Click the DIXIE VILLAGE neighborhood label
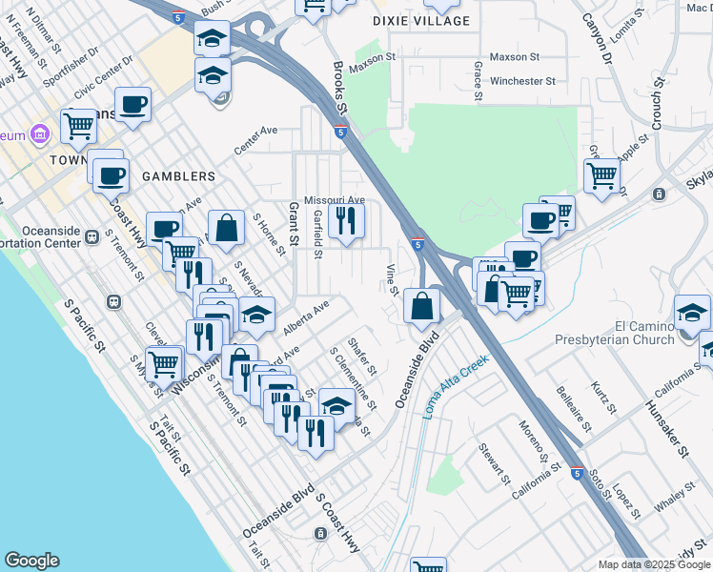pyautogui.click(x=421, y=20)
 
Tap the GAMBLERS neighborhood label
pyautogui.click(x=178, y=176)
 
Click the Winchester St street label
pyautogui.click(x=522, y=81)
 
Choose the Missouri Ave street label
pyautogui.click(x=335, y=200)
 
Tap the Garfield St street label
pyautogui.click(x=317, y=235)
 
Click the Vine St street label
pyautogui.click(x=392, y=279)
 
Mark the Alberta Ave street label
pyautogui.click(x=305, y=318)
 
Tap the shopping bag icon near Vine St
pyautogui.click(x=420, y=306)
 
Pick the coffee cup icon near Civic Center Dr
pyautogui.click(x=133, y=104)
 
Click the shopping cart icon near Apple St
pyautogui.click(x=602, y=175)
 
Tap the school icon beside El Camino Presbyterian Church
pyautogui.click(x=692, y=312)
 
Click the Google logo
pyautogui.click(x=31, y=561)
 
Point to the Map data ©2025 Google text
pyautogui.click(x=654, y=564)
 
